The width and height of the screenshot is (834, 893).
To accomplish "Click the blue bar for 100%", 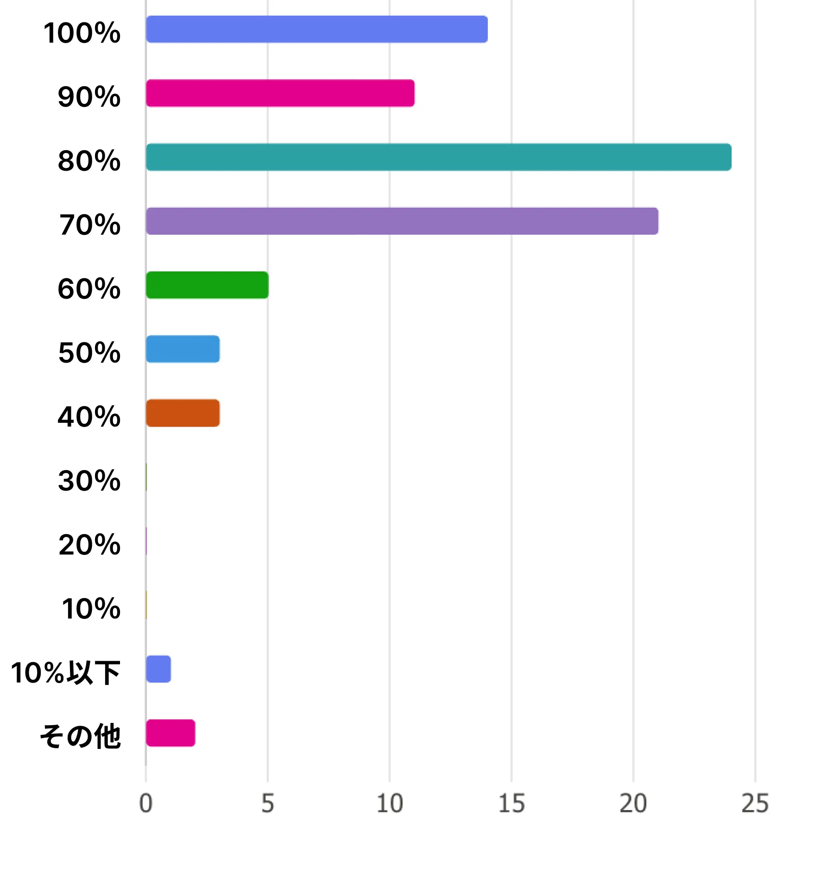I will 316,29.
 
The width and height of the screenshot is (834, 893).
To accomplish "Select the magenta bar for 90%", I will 280,93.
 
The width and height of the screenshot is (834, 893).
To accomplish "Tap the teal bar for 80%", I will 438,157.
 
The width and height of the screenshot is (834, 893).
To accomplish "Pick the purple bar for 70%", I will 402,221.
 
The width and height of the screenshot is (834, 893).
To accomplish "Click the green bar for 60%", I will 207,285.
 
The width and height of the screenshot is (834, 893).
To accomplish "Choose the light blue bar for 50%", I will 183,349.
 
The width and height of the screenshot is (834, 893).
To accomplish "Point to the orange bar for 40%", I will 183,413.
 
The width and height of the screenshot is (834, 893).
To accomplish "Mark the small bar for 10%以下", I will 158,669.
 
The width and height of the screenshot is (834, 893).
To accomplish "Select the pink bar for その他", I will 170,733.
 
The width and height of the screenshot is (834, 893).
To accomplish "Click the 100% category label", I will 82,33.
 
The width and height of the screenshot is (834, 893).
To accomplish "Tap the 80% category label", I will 89,161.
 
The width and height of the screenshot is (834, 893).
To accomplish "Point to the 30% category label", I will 89,481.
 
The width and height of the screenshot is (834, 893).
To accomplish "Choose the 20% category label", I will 89,545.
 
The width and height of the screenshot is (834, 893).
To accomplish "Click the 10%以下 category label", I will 65,673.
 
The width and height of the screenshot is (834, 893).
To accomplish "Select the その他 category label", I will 80,737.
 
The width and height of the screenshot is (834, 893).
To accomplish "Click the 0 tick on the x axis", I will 146,804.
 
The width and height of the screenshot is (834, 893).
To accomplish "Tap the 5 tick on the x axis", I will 268,804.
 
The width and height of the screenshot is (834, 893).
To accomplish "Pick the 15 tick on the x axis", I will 512,804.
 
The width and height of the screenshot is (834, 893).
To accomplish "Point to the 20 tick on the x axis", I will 633,804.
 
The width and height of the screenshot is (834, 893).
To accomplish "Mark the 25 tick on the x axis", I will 755,804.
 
